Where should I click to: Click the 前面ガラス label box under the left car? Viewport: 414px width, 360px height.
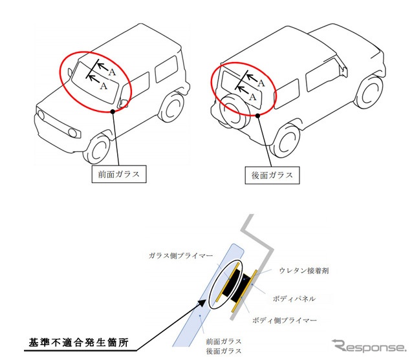click(119, 174)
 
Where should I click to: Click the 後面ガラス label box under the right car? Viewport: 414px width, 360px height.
click(272, 175)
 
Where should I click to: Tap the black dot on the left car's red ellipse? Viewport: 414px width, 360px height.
click(113, 112)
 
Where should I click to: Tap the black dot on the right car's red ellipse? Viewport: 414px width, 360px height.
click(258, 116)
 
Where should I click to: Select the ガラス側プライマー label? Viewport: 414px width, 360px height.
click(180, 255)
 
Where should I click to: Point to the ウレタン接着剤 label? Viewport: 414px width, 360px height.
click(304, 271)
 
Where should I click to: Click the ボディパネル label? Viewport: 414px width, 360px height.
click(294, 299)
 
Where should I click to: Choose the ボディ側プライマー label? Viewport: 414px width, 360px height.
click(285, 321)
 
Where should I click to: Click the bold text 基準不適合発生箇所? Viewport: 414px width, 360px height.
click(79, 343)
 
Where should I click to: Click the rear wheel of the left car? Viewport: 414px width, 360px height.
click(171, 107)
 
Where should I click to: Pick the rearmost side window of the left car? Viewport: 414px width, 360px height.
click(166, 69)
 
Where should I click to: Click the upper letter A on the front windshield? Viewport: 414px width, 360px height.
click(112, 72)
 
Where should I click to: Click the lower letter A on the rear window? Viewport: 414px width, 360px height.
click(252, 97)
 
